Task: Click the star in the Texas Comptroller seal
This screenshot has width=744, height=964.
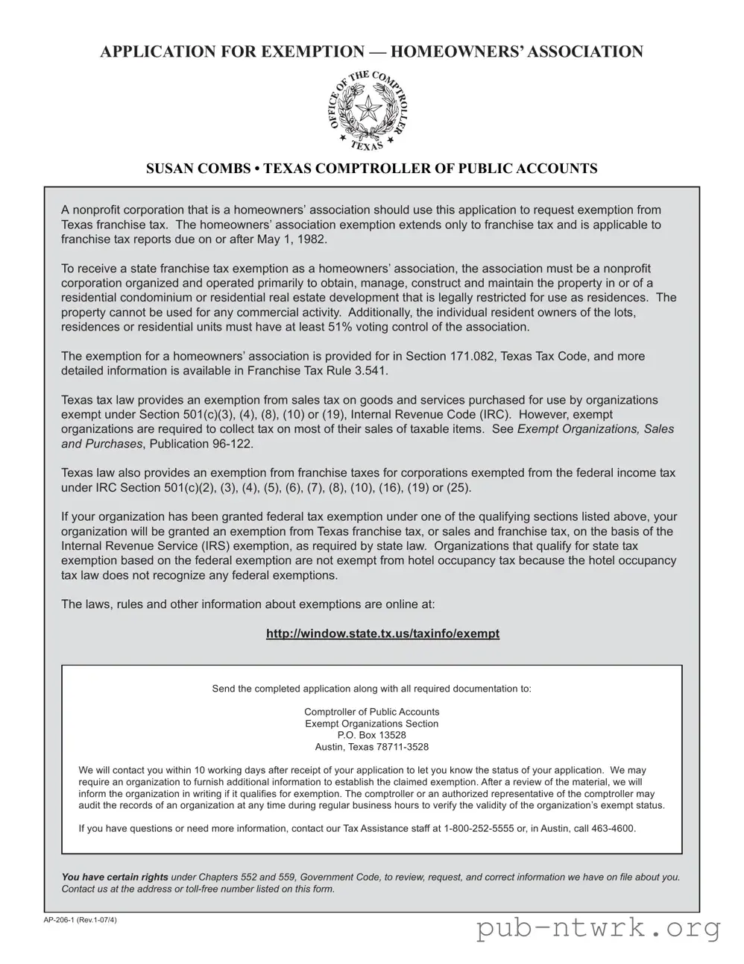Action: click(366, 111)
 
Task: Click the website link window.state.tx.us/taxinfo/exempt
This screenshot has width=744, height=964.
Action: click(382, 633)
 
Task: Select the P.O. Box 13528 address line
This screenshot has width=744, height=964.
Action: click(371, 735)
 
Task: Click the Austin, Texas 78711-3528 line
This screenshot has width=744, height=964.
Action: click(371, 747)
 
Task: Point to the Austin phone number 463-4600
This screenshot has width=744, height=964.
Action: click(613, 828)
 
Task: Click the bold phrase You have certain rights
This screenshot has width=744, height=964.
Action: click(115, 877)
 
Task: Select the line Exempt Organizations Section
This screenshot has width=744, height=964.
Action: click(371, 724)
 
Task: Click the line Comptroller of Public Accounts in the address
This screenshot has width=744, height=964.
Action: click(371, 712)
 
